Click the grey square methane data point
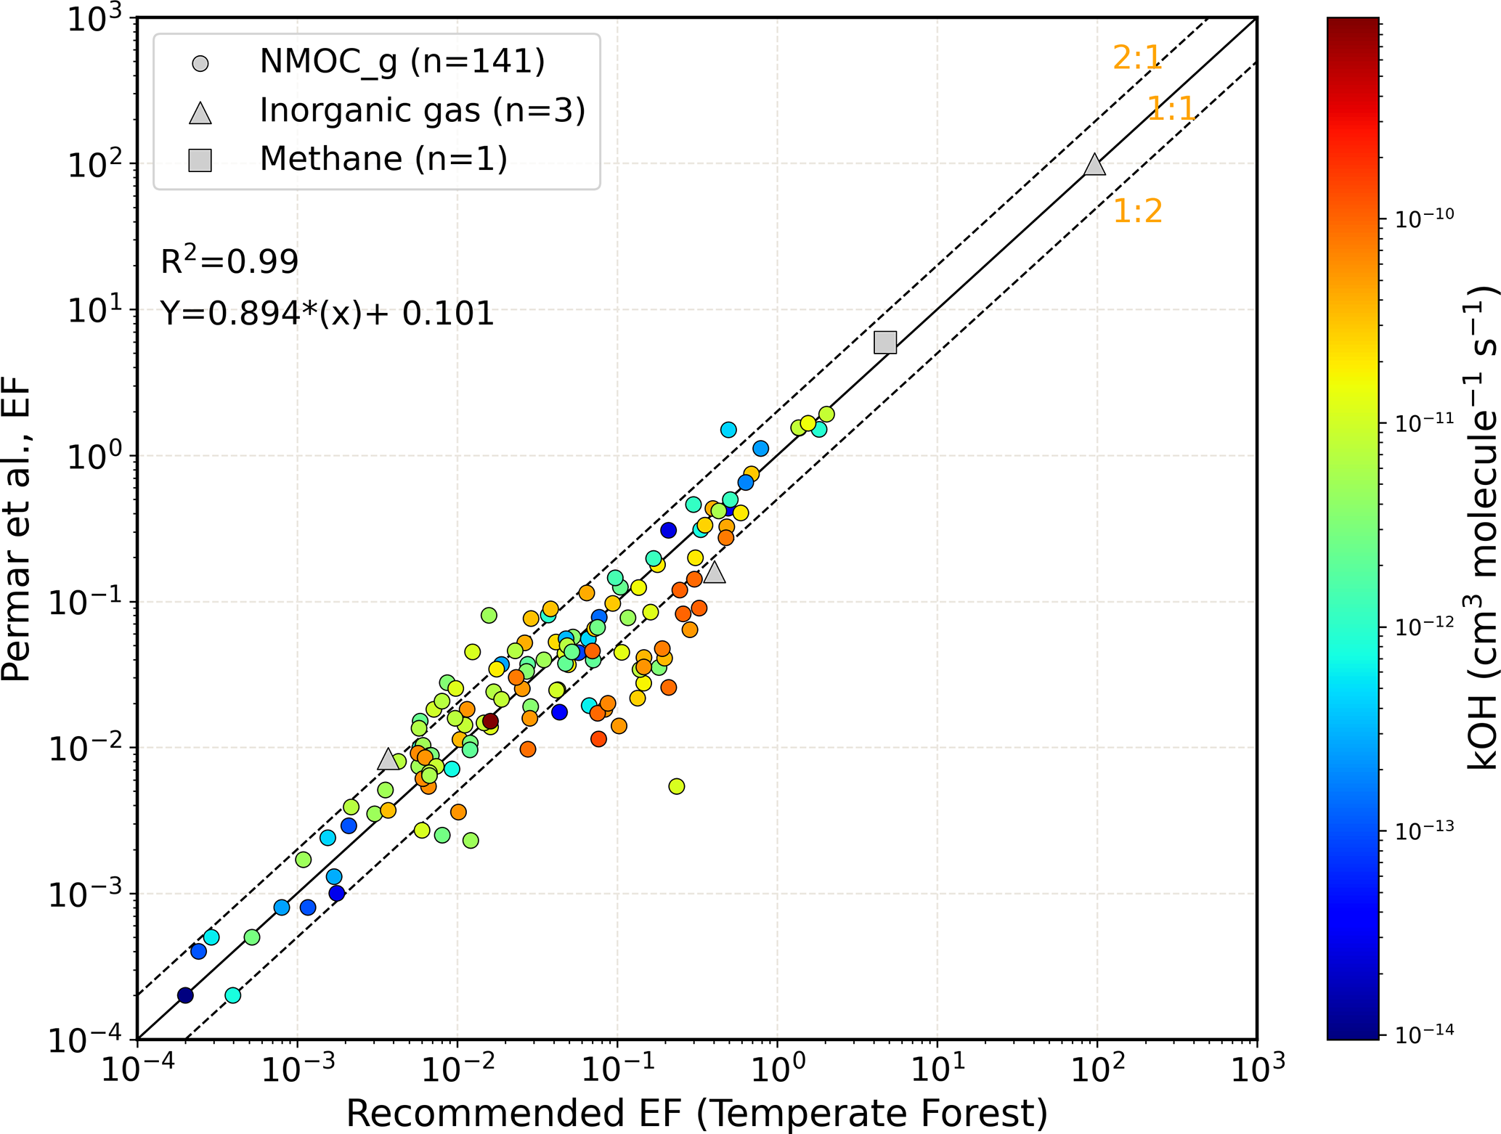pos(885,343)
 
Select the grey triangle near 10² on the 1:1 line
pos(1094,166)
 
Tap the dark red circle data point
pos(491,721)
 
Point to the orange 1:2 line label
pos(1137,211)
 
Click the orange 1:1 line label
pos(1171,110)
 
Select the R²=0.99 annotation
pos(229,261)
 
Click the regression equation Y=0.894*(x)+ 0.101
pos(327,314)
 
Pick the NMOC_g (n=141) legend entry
pos(402,62)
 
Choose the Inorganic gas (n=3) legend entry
pos(422,111)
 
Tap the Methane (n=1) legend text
pos(383,159)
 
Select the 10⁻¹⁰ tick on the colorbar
pos(1424,217)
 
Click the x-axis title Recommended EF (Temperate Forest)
pos(696,1113)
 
